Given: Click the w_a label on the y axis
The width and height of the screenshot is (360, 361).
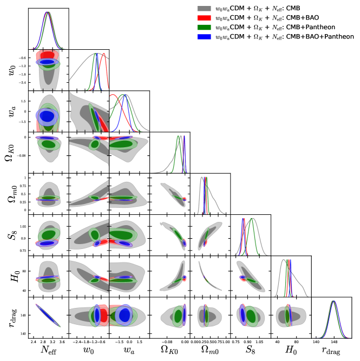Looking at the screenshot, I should click(x=9, y=111).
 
